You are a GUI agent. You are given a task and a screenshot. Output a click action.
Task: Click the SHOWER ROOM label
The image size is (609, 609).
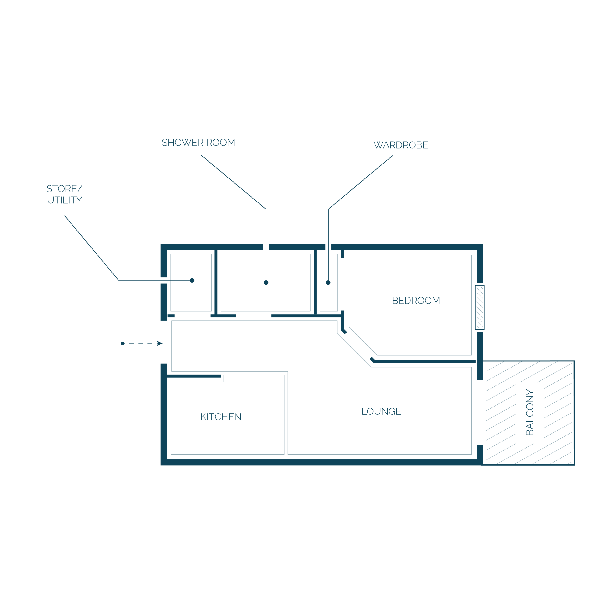pyautogui.click(x=198, y=143)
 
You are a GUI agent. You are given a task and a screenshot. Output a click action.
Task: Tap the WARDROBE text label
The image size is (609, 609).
pyautogui.click(x=401, y=145)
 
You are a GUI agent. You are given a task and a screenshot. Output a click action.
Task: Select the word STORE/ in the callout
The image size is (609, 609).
pyautogui.click(x=64, y=189)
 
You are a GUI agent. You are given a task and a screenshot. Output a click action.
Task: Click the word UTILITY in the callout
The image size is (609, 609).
pyautogui.click(x=65, y=200)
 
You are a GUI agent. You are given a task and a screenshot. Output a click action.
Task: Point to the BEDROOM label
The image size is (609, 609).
pyautogui.click(x=416, y=301)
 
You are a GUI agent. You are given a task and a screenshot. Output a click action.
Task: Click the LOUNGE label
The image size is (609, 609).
pyautogui.click(x=381, y=411)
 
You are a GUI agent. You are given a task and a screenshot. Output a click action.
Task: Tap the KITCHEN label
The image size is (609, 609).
pyautogui.click(x=221, y=417)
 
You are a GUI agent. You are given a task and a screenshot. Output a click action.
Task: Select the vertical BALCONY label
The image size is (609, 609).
pyautogui.click(x=530, y=412)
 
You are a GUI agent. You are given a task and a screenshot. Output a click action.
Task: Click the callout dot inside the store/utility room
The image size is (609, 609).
pyautogui.click(x=192, y=280)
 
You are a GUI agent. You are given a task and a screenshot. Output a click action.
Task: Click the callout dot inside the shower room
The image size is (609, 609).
pyautogui.click(x=266, y=283)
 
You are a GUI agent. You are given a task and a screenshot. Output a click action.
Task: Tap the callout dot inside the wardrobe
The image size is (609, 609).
pyautogui.click(x=328, y=283)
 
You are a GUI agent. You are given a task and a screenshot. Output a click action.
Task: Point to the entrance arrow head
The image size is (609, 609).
pyautogui.click(x=160, y=343)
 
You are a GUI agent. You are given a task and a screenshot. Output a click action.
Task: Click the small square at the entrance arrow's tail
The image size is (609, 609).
pyautogui.click(x=123, y=343)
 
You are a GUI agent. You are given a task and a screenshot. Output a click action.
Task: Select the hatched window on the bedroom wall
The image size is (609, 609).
pyautogui.click(x=480, y=307)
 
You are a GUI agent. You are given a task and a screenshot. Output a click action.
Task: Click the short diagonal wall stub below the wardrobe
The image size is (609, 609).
pyautogui.click(x=344, y=331)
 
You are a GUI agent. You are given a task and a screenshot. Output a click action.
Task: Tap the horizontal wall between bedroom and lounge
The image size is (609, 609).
pyautogui.click(x=423, y=361)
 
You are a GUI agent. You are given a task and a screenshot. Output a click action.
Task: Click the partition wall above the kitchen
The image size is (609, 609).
pyautogui.click(x=194, y=376)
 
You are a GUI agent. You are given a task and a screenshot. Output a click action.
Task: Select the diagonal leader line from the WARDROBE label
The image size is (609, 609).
pyautogui.click(x=361, y=182)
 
